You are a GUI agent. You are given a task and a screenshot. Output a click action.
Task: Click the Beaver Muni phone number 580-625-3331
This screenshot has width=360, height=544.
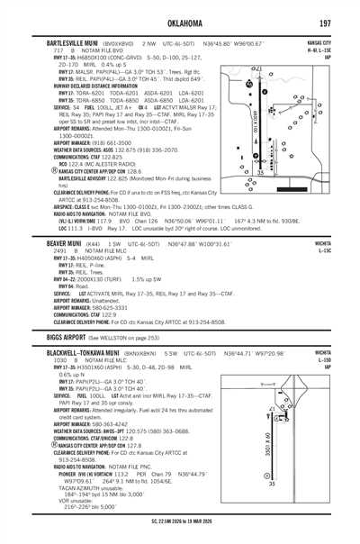pos(106,309)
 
